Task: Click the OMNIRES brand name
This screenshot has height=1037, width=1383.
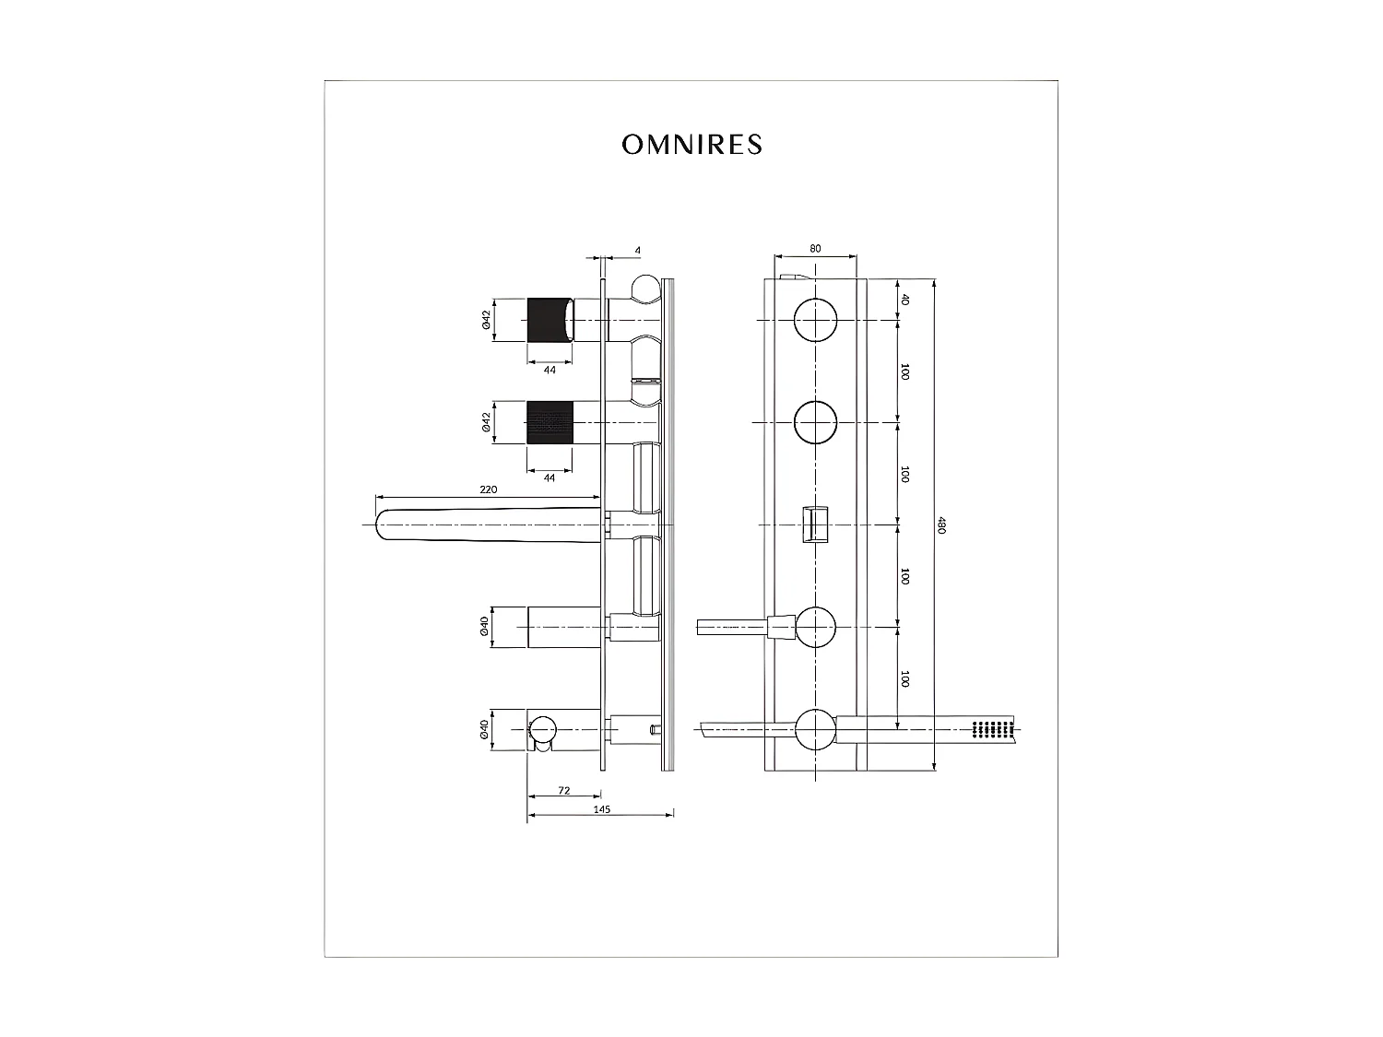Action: point(691,145)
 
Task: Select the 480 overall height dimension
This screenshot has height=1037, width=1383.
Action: point(940,524)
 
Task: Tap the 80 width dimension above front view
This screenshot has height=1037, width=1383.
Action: point(815,249)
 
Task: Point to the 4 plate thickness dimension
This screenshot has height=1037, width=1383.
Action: point(637,251)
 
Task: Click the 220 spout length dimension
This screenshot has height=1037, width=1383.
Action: point(488,489)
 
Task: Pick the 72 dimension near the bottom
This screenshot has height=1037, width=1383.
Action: point(564,791)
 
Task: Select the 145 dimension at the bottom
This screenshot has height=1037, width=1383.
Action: point(601,809)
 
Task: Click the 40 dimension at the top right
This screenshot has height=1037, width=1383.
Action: point(904,300)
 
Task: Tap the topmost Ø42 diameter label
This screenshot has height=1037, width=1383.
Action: point(485,320)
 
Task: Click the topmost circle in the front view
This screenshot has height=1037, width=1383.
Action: point(815,320)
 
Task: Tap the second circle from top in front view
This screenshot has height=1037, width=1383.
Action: point(815,422)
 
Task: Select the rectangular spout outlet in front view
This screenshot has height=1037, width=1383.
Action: point(815,524)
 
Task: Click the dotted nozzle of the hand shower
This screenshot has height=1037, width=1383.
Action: point(992,728)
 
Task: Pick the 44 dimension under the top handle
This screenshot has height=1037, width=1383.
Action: point(550,370)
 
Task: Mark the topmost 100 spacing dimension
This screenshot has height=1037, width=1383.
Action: point(904,371)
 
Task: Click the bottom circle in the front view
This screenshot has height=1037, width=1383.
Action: point(815,728)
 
